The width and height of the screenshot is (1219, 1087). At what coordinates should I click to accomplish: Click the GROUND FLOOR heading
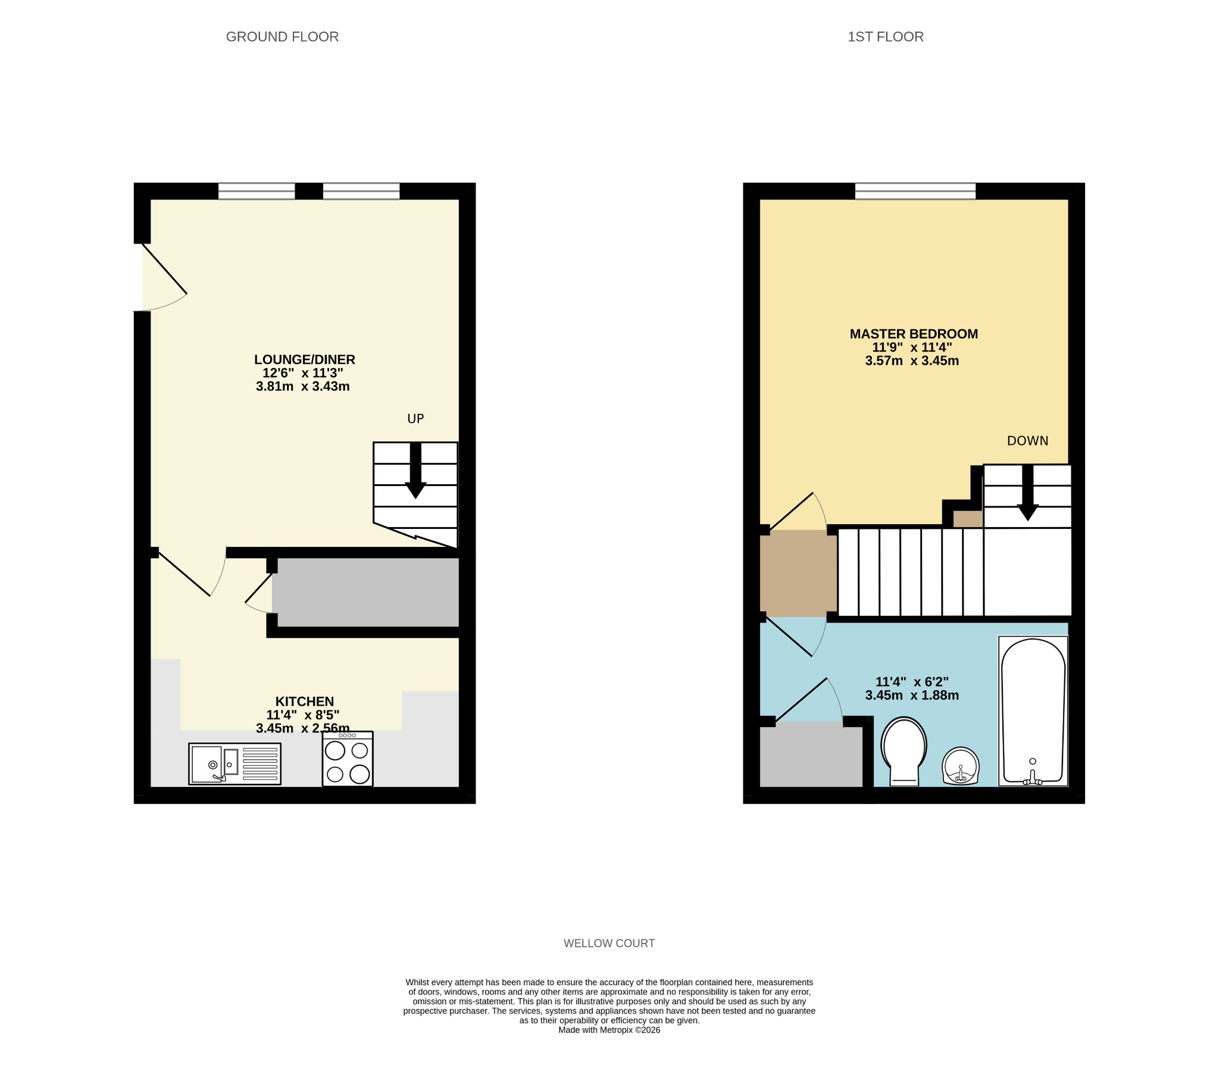(x=282, y=37)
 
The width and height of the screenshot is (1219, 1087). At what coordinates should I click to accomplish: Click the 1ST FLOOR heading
(x=885, y=37)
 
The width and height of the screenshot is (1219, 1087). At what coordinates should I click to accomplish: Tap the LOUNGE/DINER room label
(x=304, y=360)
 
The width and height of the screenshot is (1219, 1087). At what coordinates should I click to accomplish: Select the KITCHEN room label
(x=304, y=701)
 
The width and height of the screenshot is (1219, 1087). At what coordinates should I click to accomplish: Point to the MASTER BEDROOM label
(x=913, y=334)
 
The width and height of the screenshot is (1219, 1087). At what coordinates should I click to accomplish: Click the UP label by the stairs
(x=415, y=419)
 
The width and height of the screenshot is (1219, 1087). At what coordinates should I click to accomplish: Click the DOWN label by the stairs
(x=1027, y=441)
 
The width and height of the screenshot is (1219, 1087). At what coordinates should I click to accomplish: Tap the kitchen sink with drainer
(x=235, y=764)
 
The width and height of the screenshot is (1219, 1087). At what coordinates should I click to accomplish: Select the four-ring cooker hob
(x=348, y=759)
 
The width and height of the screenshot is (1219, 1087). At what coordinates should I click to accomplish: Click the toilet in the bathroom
(x=904, y=751)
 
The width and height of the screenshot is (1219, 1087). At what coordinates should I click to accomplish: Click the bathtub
(x=1033, y=711)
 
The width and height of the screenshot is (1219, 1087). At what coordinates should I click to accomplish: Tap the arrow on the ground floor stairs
(x=415, y=471)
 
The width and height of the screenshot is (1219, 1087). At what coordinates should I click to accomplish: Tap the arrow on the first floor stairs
(x=1027, y=493)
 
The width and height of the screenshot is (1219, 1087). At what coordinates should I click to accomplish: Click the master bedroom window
(x=915, y=191)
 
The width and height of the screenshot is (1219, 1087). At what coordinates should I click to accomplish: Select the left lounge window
(x=257, y=191)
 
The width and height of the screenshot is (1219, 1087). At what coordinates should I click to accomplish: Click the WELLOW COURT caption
(x=609, y=943)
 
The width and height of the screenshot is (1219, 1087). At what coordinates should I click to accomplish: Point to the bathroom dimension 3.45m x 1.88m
(x=911, y=695)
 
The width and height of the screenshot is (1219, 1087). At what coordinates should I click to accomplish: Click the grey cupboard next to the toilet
(x=811, y=753)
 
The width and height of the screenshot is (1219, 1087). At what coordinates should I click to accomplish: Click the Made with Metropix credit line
(x=609, y=1030)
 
